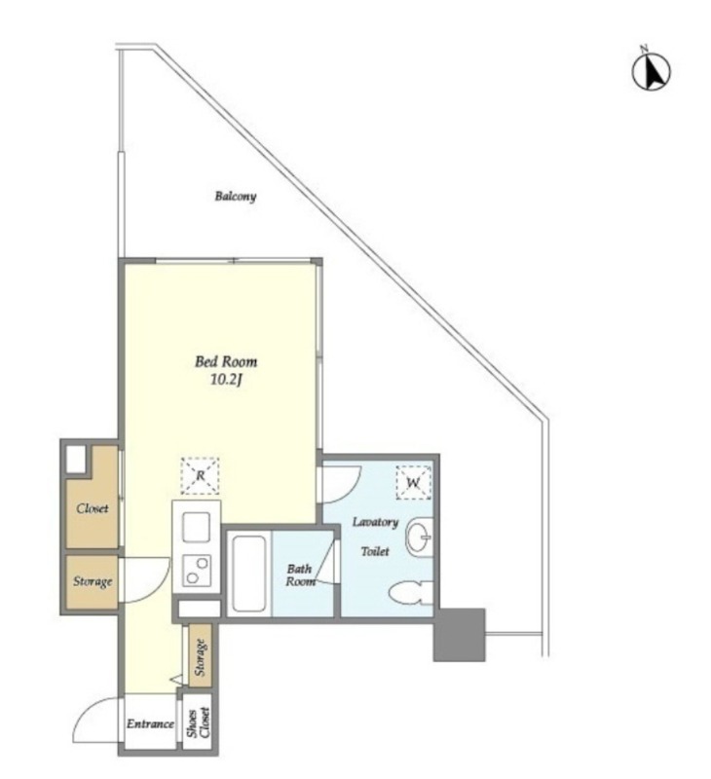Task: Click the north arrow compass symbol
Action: click(x=651, y=71)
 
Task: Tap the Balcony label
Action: click(x=236, y=197)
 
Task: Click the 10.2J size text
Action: click(x=226, y=380)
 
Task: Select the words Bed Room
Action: click(x=226, y=361)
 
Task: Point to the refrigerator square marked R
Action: click(x=200, y=475)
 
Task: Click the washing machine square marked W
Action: click(x=413, y=482)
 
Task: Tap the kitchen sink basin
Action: click(x=197, y=527)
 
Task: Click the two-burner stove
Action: click(x=197, y=571)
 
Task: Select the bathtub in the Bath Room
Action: click(x=248, y=574)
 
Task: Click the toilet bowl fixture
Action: click(x=410, y=593)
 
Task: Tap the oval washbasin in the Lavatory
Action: click(x=419, y=538)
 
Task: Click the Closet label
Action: click(x=93, y=508)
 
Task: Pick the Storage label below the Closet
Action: click(x=93, y=581)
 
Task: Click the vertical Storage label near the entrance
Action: click(x=201, y=657)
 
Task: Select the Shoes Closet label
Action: click(x=199, y=723)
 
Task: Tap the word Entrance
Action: click(x=150, y=723)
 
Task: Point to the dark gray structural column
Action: click(x=459, y=635)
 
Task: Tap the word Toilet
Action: click(x=375, y=551)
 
